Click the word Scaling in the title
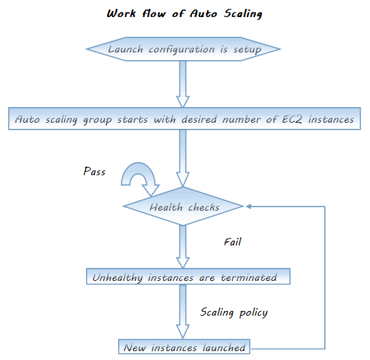tap(243, 14)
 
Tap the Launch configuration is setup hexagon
tap(183, 49)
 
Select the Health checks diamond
tap(183, 207)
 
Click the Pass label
tap(94, 171)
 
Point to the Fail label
tap(232, 242)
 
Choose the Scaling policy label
tap(234, 312)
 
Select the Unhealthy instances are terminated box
tap(188, 276)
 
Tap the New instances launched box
tap(184, 346)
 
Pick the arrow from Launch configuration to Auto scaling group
tap(183, 84)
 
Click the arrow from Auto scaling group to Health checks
tap(183, 158)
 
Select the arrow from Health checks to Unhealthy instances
tap(183, 247)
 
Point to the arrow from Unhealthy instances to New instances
tap(183, 312)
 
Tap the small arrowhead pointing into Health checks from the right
tap(248, 207)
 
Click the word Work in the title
tap(122, 14)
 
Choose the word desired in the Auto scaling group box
tap(199, 119)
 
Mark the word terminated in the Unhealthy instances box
tap(248, 277)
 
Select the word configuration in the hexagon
tap(182, 50)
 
